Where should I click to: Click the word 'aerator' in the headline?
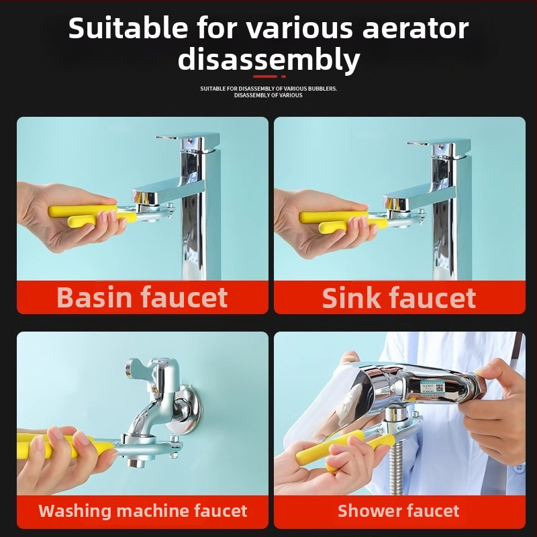coord(415,29)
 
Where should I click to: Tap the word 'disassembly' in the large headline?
coord(269,60)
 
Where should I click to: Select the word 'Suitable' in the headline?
coord(128,28)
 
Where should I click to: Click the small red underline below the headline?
coord(269,77)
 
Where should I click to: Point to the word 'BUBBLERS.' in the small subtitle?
coord(323,89)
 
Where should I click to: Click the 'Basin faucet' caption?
coord(142,297)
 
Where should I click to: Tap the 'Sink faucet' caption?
coord(399,298)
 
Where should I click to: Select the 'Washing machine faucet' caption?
coord(143,511)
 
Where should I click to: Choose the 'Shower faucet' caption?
coord(398,511)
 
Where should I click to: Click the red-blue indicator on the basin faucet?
coord(191,141)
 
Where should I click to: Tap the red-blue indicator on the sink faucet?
coord(442,148)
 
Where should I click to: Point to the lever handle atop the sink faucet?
coord(438,145)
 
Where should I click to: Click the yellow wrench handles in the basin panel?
coord(92,215)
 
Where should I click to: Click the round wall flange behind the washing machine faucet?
coord(185,409)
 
